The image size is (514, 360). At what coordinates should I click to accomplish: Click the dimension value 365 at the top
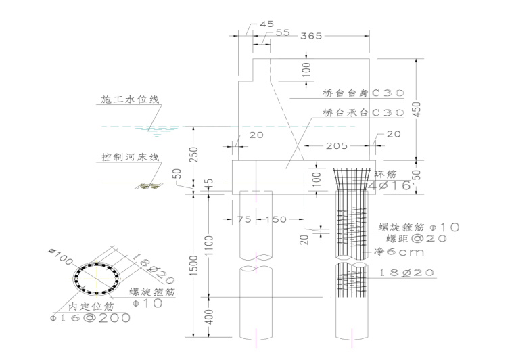312,35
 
